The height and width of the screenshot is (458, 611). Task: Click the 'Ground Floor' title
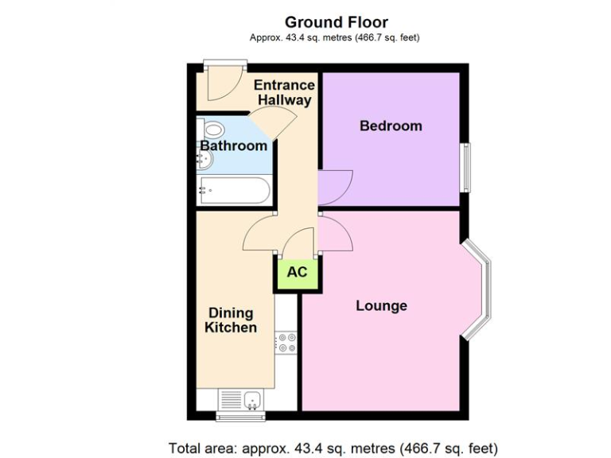tap(336, 21)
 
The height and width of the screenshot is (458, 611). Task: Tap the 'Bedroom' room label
tap(391, 126)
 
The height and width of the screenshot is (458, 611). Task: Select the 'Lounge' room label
tap(381, 305)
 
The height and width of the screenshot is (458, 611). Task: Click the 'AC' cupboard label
tap(297, 272)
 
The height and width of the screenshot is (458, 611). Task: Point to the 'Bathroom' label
tap(233, 146)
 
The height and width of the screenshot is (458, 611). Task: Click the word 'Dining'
tap(231, 312)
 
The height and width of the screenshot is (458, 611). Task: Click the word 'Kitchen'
tap(231, 328)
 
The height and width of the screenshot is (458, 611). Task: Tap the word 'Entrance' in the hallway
tap(284, 85)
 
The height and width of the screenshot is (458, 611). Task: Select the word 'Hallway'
tap(284, 100)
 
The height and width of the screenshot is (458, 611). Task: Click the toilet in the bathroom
tap(211, 130)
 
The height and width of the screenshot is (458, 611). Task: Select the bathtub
tap(233, 190)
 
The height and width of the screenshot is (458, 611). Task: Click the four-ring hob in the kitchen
tap(286, 343)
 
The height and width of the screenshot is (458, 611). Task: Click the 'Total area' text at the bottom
tap(333, 446)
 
